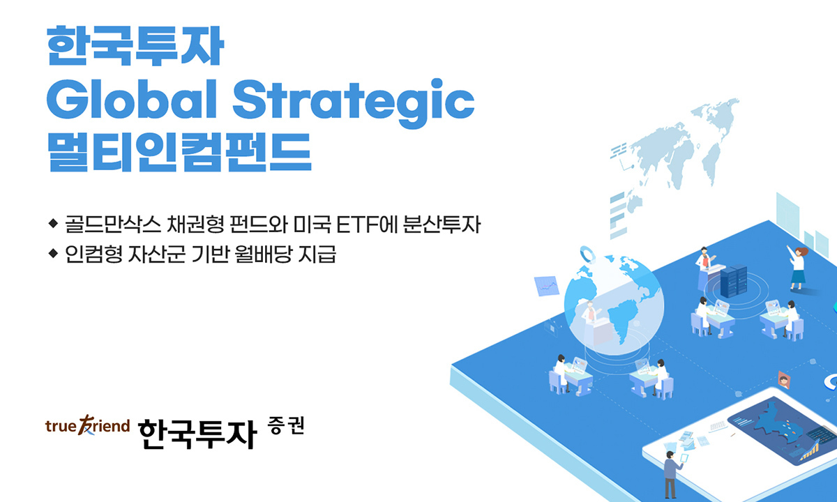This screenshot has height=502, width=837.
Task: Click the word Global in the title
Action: click(132, 98)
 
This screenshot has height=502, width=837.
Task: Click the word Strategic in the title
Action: click(354, 102)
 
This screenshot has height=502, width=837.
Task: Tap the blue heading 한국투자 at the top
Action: click(135, 45)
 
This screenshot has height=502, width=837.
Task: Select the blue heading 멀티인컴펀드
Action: click(179, 152)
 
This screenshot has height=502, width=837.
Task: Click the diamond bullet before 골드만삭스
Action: click(53, 223)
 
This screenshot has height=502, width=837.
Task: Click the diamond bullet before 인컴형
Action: click(53, 253)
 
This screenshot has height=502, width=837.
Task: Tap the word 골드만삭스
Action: click(113, 224)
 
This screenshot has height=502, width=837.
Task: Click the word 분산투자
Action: click(442, 224)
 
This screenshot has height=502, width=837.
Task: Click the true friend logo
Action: click(87, 425)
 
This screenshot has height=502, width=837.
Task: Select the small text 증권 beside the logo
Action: click(286, 426)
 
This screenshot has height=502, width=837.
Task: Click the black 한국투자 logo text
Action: click(197, 433)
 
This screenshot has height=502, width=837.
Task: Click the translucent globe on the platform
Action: click(614, 305)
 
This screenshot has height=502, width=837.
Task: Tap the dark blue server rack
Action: click(733, 280)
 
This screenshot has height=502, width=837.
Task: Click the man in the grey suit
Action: click(672, 474)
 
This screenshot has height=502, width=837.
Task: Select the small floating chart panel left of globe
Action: click(547, 286)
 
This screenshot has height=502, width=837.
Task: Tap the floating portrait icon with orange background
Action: click(784, 380)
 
